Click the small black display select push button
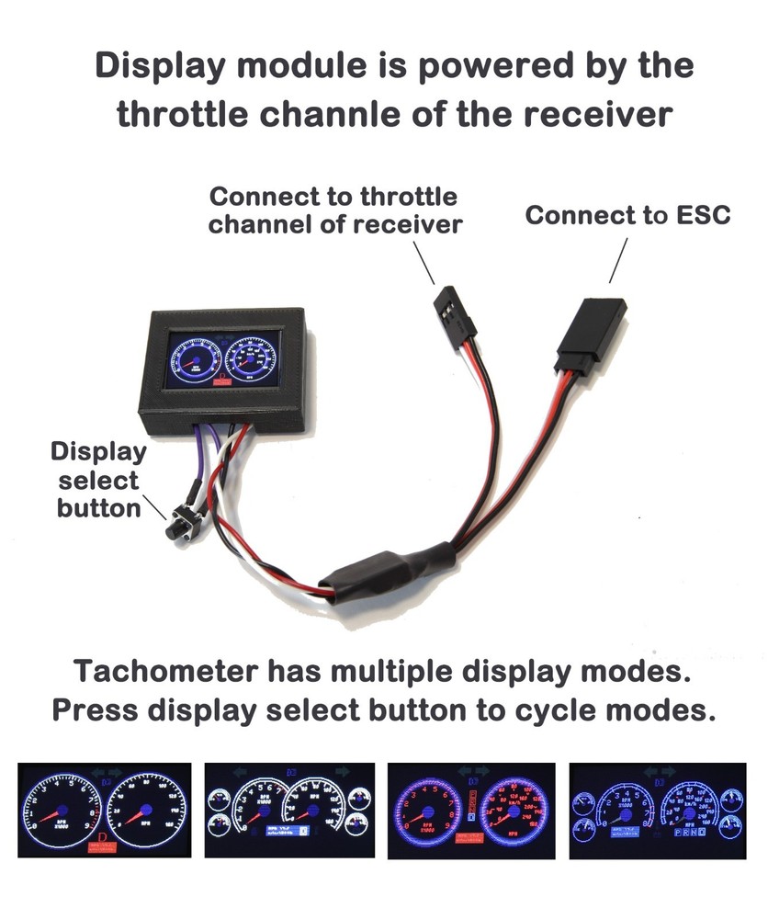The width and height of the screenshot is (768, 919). point(175,527)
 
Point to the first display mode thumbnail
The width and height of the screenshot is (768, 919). point(104,810)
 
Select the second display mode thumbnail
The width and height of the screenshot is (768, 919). point(288,810)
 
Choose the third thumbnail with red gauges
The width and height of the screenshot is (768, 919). point(472,810)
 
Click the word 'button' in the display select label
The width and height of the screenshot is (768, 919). point(98,508)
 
